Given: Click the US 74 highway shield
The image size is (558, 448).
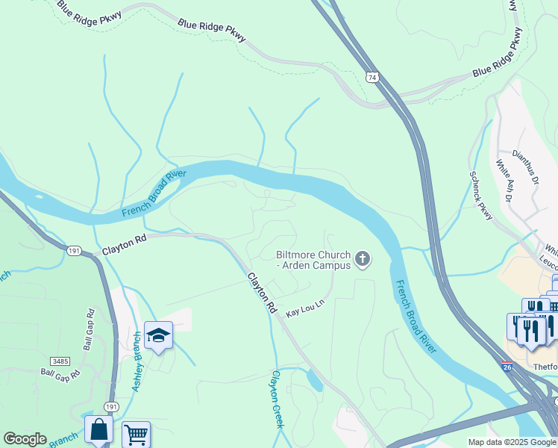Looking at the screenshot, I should (372, 77).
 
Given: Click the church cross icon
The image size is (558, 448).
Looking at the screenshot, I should (363, 259).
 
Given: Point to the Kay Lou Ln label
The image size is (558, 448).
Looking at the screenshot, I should (307, 308).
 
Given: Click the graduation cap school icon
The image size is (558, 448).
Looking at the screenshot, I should (159, 335).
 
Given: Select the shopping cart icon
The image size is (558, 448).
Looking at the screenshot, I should (136, 434).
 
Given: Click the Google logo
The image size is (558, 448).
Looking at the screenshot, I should (25, 439).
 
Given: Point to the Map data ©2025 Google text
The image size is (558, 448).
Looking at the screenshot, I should (512, 442).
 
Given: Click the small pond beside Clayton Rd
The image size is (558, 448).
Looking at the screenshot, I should (315, 382).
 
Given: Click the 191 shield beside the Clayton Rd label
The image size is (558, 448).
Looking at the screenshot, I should (73, 251).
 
